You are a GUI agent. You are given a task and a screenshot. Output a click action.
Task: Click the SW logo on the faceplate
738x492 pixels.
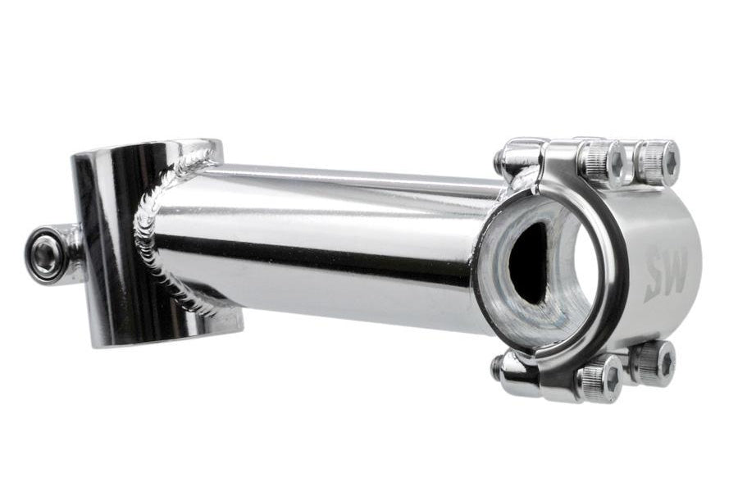coord(667,276)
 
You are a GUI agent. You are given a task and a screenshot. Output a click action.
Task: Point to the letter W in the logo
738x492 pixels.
coord(676,272)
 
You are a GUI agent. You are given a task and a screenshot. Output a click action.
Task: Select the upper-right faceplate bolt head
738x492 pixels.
coord(657,162)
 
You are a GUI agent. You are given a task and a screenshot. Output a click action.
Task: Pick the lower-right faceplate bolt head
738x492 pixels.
coord(654,363)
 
